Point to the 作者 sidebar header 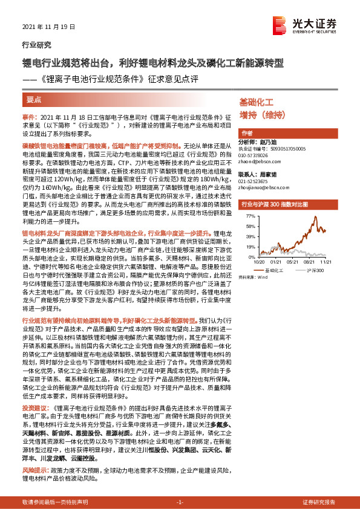[x=247, y=133]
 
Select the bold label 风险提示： [x=35, y=470]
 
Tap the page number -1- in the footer [x=180, y=501]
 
